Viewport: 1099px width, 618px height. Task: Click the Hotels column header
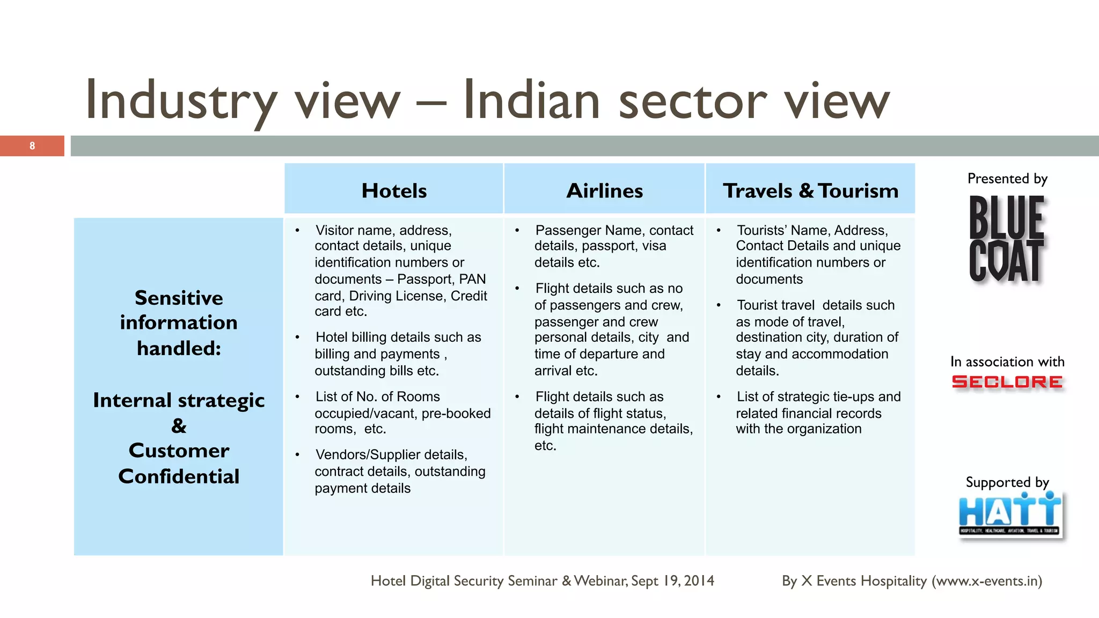(394, 190)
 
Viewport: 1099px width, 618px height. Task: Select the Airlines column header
(604, 190)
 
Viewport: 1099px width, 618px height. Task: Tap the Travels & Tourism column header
(810, 190)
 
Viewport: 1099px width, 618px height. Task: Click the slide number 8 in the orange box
(32, 146)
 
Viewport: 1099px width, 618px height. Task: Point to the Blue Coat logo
(1007, 239)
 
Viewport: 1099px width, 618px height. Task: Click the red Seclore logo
(1007, 382)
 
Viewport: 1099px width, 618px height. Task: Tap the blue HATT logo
(1010, 514)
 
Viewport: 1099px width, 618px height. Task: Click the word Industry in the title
(181, 101)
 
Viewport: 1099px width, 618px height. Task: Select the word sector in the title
(692, 101)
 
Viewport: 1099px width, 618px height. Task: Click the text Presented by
(1007, 179)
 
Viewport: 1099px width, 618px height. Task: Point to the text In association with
(1007, 362)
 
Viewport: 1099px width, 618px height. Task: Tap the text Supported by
(1007, 482)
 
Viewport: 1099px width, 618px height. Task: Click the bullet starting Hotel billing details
(397, 354)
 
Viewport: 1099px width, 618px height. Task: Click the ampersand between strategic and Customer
(179, 426)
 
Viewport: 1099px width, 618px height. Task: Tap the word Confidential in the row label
(179, 476)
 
